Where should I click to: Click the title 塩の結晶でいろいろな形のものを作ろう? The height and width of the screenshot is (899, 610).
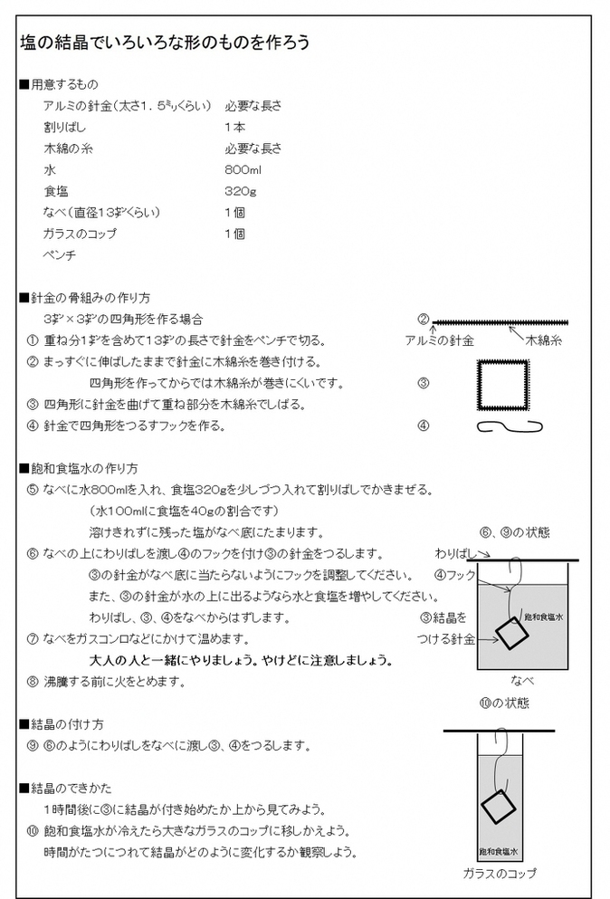167,43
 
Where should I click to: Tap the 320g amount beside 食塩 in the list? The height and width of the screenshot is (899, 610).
238,191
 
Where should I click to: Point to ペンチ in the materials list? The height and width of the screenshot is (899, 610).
60,254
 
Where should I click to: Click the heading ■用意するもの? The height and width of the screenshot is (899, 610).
59,84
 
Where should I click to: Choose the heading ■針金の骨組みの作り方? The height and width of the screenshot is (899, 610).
84,297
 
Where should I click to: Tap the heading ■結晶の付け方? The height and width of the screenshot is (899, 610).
61,724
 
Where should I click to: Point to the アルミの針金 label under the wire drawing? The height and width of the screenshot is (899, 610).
439,340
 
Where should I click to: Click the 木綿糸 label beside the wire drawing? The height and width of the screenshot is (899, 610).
544,340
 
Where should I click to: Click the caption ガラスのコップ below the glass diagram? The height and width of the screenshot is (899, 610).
499,874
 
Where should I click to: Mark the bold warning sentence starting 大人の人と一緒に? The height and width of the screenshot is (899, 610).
240,660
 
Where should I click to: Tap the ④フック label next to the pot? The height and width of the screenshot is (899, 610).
454,575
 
